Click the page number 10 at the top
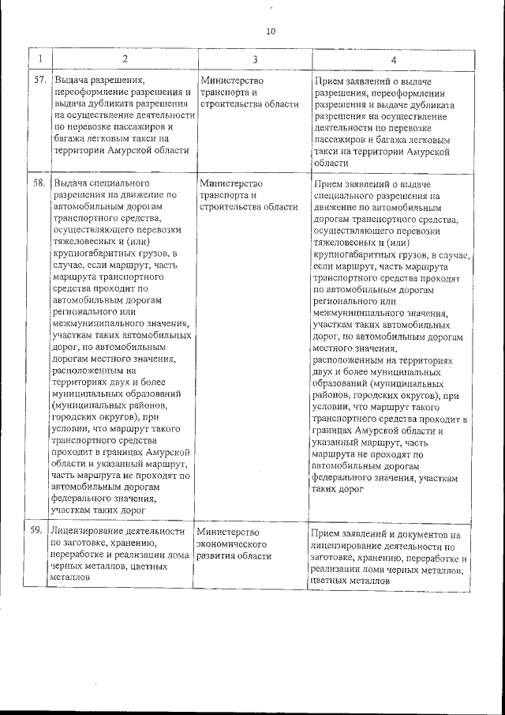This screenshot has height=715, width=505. [271, 32]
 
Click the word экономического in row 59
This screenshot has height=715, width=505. [229, 544]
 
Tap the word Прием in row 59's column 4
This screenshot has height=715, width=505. [325, 534]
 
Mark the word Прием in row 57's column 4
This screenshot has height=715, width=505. [327, 82]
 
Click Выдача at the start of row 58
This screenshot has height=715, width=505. [69, 183]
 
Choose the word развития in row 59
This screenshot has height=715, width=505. [215, 555]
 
